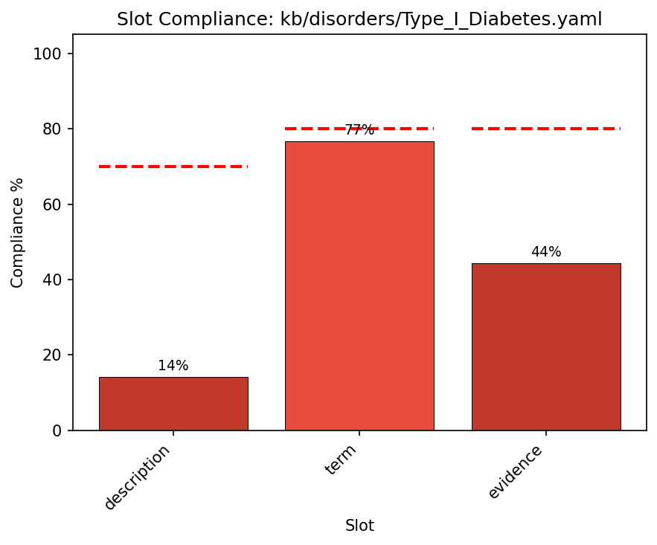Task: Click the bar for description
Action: pyautogui.click(x=173, y=404)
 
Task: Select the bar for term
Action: pyautogui.click(x=359, y=286)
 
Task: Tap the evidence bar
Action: pyautogui.click(x=545, y=346)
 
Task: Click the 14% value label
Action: pyautogui.click(x=173, y=366)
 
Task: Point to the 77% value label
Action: pyautogui.click(x=359, y=130)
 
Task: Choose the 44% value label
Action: pyautogui.click(x=545, y=252)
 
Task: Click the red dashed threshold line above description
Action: pyautogui.click(x=173, y=167)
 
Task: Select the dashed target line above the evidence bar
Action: pyautogui.click(x=545, y=129)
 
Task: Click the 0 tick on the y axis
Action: pyautogui.click(x=58, y=430)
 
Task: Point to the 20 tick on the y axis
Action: pyautogui.click(x=54, y=355)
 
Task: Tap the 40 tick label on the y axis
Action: pyautogui.click(x=54, y=280)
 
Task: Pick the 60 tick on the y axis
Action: pyautogui.click(x=54, y=204)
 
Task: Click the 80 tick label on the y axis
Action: pyautogui.click(x=54, y=129)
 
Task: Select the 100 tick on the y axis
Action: pyautogui.click(x=51, y=54)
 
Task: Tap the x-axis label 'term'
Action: pyautogui.click(x=341, y=459)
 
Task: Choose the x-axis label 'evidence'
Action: pyautogui.click(x=515, y=472)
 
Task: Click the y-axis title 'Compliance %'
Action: pyautogui.click(x=18, y=233)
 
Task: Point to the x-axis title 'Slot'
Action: pyautogui.click(x=359, y=526)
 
